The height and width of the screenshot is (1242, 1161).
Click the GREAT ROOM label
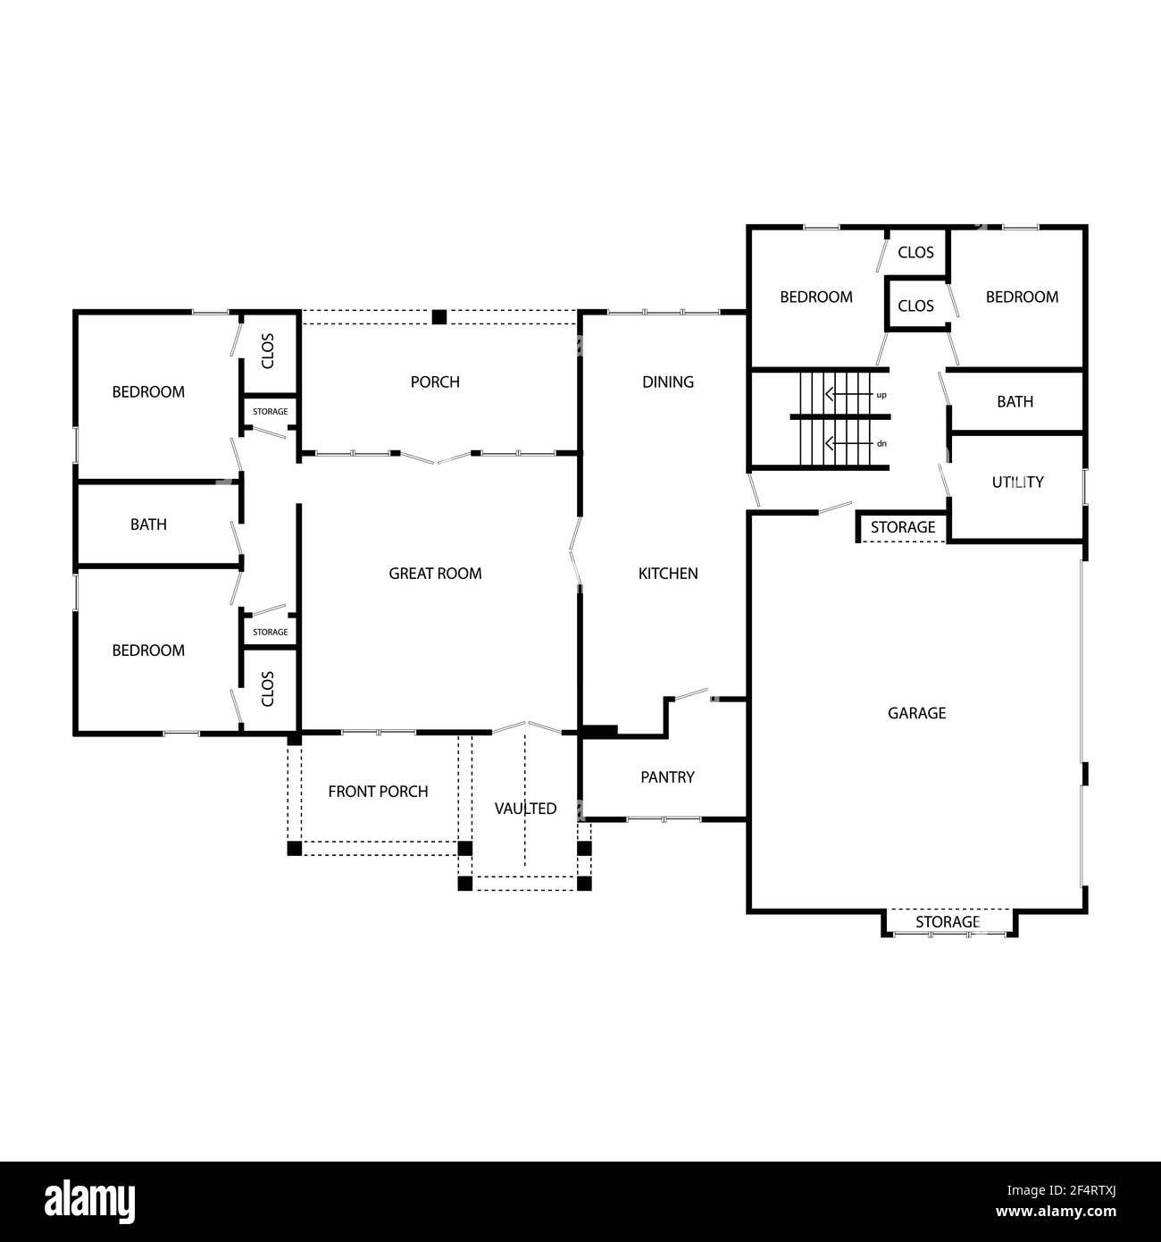435,574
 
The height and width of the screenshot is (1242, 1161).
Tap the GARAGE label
916,713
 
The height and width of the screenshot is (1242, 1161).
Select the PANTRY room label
667,777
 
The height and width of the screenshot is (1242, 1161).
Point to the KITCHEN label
668,574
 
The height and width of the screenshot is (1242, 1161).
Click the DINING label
668,382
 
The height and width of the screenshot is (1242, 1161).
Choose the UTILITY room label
1017,483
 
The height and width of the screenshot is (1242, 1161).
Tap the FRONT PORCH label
378,792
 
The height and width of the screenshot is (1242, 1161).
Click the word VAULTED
525,809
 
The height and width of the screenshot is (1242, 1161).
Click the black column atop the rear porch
439,317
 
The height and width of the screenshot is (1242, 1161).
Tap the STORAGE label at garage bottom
948,922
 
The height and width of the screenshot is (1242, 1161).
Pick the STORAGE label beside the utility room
903,527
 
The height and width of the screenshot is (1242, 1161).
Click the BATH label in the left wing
148,524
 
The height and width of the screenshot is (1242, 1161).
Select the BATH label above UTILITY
1015,402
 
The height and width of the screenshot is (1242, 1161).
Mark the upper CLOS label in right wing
915,253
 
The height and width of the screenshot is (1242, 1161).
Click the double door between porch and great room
435,457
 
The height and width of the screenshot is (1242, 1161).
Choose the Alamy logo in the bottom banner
89,1200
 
